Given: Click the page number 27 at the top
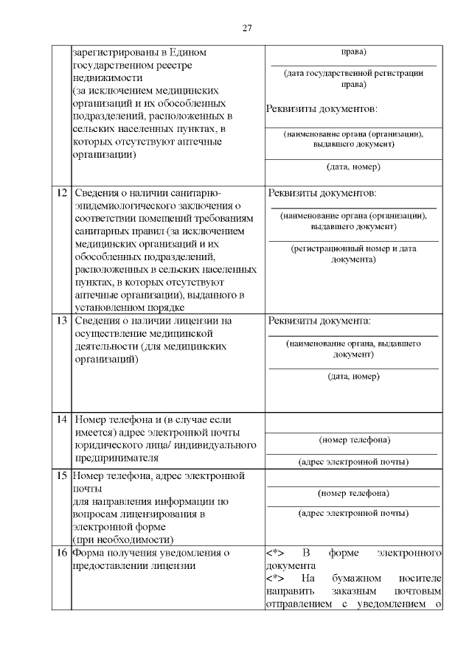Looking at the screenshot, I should click(247, 28).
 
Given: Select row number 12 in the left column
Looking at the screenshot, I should click(62, 193).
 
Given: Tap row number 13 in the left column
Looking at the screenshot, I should click(62, 321).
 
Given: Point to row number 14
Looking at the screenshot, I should click(62, 419).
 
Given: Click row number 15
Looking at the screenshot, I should click(62, 475).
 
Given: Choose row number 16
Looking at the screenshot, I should click(62, 552).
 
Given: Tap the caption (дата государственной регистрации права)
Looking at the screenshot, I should click(353, 78).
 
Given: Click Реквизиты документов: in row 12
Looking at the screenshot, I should click(322, 193).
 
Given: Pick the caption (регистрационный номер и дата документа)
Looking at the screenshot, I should click(353, 254).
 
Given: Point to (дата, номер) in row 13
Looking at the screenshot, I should click(353, 376).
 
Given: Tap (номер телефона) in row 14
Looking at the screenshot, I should click(354, 440).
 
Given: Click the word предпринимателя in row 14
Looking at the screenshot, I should click(116, 457).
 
